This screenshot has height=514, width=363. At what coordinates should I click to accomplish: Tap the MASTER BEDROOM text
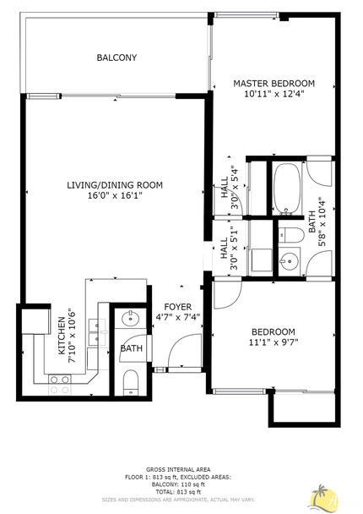(x=274, y=83)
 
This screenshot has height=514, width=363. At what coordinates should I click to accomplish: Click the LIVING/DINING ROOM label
(x=115, y=184)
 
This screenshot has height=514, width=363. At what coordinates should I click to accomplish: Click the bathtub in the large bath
(x=286, y=188)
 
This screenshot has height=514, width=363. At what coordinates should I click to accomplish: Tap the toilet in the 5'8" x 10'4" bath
(x=290, y=233)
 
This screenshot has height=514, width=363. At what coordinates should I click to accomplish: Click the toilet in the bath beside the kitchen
(x=130, y=383)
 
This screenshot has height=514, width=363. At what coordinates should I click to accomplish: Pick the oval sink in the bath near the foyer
(x=131, y=320)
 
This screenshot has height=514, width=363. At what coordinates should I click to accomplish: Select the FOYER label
(x=177, y=307)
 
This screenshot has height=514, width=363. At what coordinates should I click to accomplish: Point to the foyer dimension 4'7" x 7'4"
(x=177, y=319)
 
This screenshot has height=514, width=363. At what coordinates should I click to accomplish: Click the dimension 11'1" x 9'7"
(x=274, y=342)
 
